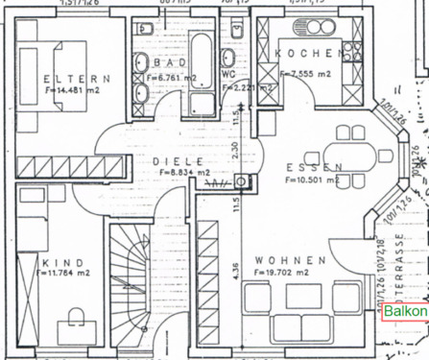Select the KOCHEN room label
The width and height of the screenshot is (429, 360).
307,53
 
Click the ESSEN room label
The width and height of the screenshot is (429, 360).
314,167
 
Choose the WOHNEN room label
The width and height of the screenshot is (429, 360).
291,259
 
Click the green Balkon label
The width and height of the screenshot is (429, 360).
405,313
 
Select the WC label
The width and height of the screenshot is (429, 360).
227,73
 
